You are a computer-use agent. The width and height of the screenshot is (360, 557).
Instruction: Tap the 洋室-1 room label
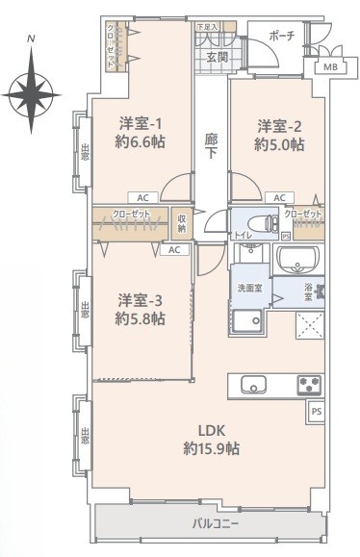141,124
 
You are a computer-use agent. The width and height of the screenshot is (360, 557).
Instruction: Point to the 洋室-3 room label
141,298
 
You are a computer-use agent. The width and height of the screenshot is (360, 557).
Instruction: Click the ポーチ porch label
282,36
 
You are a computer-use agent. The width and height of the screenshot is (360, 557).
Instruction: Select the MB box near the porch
329,66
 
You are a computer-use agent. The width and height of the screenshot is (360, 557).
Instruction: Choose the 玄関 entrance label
217,58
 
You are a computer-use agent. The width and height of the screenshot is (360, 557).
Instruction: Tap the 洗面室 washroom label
249,288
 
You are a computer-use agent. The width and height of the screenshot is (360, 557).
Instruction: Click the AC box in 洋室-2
279,197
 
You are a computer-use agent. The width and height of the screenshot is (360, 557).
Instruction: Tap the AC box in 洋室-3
174,249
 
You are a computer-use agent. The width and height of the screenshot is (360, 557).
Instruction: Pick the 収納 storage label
181,223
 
